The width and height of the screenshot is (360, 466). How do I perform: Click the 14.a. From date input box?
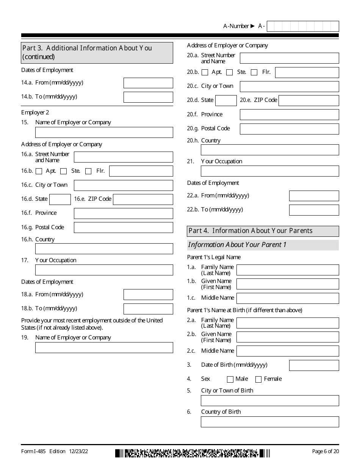point(148,83)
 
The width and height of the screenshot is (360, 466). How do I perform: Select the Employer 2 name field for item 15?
point(104,132)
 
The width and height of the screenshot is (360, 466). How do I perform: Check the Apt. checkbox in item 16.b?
point(39,171)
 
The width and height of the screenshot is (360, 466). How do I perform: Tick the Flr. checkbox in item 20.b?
point(254,72)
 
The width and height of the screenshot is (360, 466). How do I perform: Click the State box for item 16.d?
point(60,199)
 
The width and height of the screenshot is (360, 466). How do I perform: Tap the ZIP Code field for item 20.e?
point(308,100)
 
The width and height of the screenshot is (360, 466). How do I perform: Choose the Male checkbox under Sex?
point(230,379)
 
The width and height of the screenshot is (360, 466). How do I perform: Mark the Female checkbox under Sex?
point(258,379)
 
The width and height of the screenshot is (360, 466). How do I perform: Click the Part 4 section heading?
point(263,231)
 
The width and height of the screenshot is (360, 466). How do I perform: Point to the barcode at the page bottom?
point(193,453)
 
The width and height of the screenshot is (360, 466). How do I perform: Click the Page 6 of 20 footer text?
point(325,451)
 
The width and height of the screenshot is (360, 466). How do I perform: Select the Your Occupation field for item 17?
point(104,270)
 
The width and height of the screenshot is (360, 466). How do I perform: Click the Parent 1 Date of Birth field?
point(314,365)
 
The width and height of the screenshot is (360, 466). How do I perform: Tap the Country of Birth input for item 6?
point(270,422)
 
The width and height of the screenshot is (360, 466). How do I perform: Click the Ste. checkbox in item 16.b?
point(64,171)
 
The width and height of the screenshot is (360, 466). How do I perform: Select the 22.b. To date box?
point(314,210)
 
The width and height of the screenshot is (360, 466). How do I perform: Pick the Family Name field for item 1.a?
point(288,270)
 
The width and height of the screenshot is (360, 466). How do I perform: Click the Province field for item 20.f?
point(289,114)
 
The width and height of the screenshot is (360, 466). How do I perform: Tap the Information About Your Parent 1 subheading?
point(263,245)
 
